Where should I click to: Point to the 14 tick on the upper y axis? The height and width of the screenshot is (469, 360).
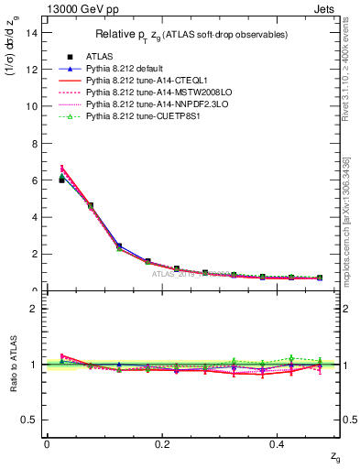[34, 32]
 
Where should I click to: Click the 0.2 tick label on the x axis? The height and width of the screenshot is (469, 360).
[162, 444]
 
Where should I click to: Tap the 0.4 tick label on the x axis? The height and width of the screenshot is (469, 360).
[278, 444]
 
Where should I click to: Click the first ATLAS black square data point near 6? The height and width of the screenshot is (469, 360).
[61, 180]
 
